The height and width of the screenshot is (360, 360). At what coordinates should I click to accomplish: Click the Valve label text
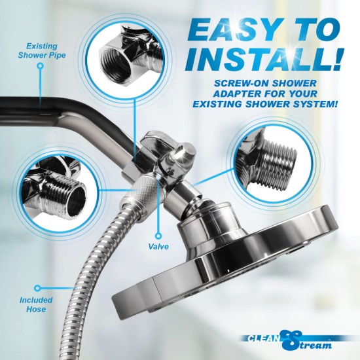tap(159, 248)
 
